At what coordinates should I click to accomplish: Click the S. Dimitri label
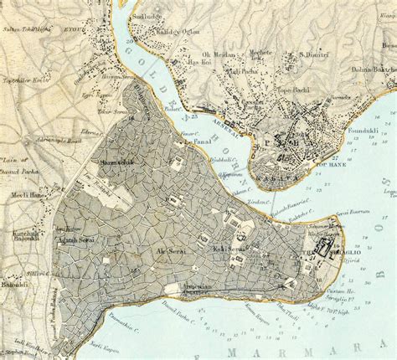pos(312,56)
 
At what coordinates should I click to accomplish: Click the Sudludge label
pos(150,15)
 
